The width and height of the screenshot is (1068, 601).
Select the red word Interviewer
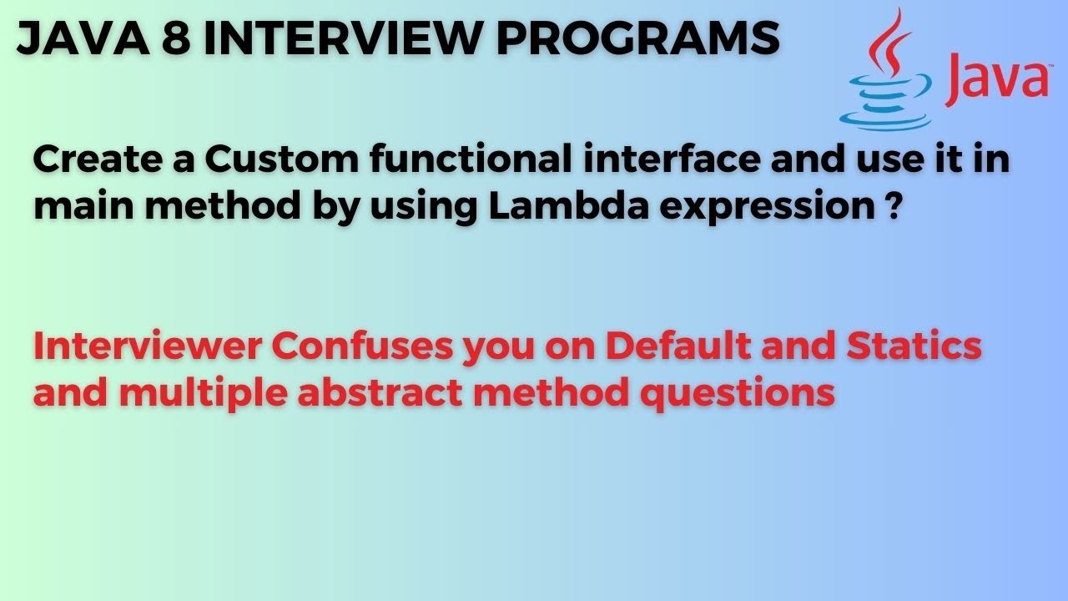(x=145, y=346)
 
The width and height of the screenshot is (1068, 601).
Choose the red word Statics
(x=914, y=346)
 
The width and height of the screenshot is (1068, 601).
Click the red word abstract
(x=379, y=391)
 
